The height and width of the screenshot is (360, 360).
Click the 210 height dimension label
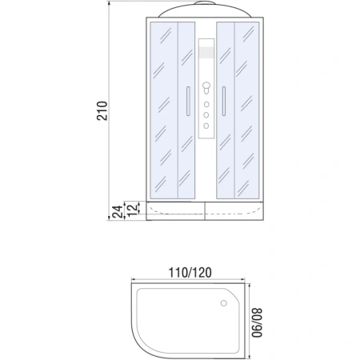102,113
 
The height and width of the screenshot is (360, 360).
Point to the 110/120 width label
190,272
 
